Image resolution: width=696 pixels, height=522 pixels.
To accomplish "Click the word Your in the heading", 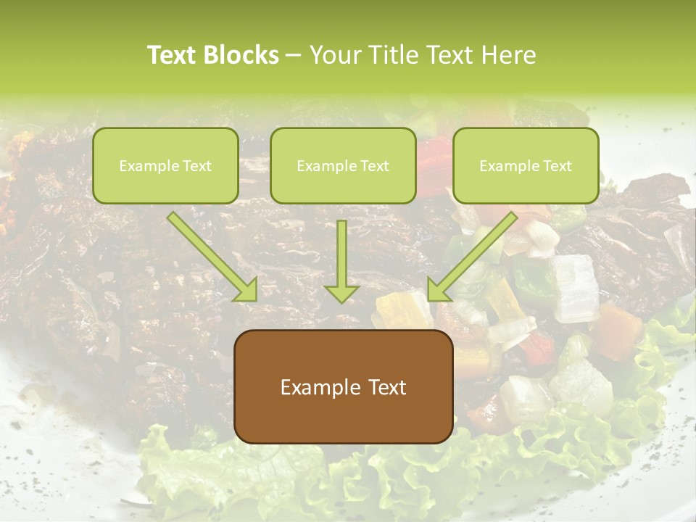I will (x=336, y=55).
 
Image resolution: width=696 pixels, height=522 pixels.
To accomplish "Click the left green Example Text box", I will (x=165, y=165).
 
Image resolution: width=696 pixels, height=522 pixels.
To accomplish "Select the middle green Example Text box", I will (x=343, y=165).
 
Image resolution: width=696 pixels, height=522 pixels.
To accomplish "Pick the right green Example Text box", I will (x=526, y=165).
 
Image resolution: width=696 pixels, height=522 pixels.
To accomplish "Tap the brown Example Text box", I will (x=344, y=386).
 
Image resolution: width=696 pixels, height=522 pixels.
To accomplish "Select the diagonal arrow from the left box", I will (x=210, y=254).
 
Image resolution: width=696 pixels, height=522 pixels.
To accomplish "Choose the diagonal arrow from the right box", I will (x=475, y=254).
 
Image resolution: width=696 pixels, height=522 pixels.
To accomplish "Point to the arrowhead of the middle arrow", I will (x=341, y=293).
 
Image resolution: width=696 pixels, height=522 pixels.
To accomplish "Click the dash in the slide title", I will (x=294, y=55).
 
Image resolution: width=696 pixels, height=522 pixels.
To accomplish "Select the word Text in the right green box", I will (x=557, y=166).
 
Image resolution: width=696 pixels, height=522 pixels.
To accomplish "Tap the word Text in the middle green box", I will (x=374, y=166).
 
